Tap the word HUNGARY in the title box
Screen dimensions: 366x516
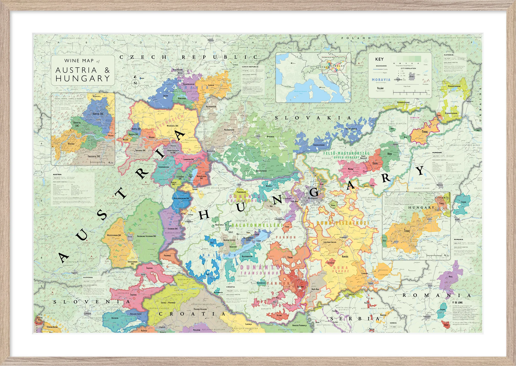[83, 79]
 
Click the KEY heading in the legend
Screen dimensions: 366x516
[379, 59]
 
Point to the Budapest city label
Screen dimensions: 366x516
[313, 198]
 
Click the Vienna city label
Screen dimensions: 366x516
[173, 146]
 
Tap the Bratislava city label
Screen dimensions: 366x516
[211, 151]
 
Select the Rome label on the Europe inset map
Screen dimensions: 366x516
[323, 87]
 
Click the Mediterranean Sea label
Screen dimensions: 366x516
[301, 92]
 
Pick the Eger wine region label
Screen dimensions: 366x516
[375, 163]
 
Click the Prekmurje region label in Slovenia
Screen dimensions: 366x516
[167, 255]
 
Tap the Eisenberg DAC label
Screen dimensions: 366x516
[173, 229]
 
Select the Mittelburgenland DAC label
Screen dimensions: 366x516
[181, 198]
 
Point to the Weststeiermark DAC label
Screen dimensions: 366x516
[114, 235]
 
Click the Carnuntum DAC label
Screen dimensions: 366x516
[189, 159]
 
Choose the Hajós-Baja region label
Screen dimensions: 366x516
[315, 289]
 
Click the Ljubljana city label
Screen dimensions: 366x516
[87, 314]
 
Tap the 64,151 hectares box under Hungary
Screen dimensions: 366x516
[436, 156]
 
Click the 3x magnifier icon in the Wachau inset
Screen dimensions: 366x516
[111, 163]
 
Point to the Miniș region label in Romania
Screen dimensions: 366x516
[450, 277]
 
